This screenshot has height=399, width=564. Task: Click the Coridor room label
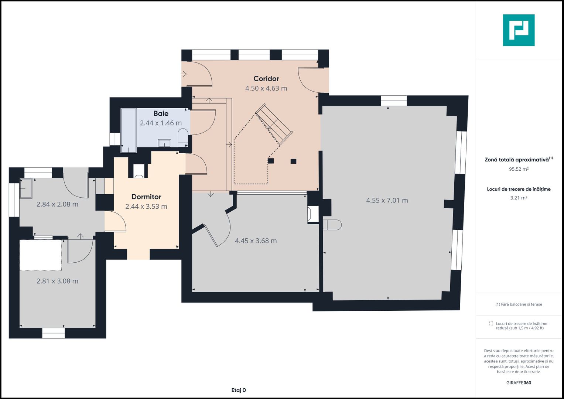tap(266, 79)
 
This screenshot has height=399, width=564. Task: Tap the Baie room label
tap(161, 113)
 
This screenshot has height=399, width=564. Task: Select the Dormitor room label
tap(146, 197)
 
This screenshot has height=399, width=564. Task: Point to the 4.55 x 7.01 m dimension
tap(387, 200)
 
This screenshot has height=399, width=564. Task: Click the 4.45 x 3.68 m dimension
tap(256, 241)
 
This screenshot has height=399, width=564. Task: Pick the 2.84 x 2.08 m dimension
tap(57, 204)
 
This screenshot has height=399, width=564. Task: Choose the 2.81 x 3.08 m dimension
tap(57, 281)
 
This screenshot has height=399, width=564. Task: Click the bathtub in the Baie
tap(129, 130)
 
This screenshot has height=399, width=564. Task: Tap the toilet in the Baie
tap(183, 138)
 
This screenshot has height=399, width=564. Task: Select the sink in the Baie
tap(164, 143)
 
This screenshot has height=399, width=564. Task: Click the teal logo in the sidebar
tap(519, 30)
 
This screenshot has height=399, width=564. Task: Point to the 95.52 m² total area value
tap(519, 169)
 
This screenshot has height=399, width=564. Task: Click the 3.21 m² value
tap(519, 198)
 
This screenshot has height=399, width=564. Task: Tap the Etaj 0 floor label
tap(239, 390)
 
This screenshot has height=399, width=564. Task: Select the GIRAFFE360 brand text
tap(519, 383)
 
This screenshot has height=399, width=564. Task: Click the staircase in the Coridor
tap(274, 124)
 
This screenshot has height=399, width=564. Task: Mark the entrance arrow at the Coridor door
tap(184, 74)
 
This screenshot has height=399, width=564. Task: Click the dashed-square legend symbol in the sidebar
tap(491, 323)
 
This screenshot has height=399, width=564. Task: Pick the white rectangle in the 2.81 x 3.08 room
tap(41, 255)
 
